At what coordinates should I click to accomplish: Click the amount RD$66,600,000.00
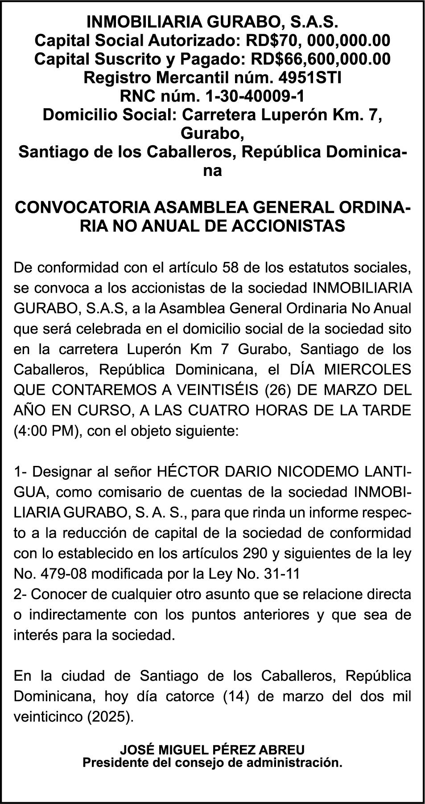321,59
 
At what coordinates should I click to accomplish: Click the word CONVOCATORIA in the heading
83,208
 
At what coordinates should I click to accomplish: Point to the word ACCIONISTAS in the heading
289,226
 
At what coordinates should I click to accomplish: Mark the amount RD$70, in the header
273,41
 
